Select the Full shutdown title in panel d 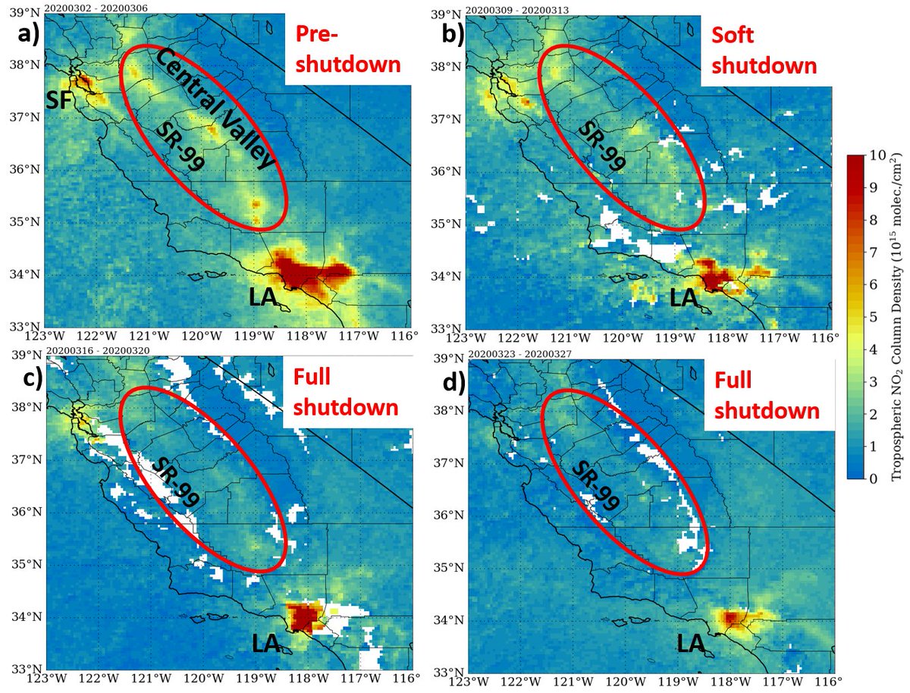(767, 397)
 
